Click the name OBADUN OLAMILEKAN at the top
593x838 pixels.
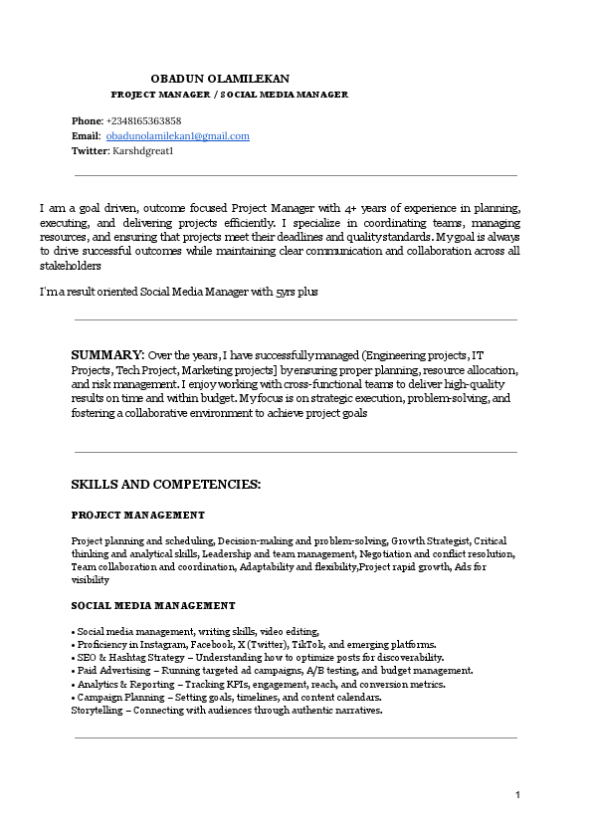click(x=220, y=78)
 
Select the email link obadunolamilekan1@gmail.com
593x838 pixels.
click(x=178, y=135)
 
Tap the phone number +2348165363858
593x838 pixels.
click(x=143, y=120)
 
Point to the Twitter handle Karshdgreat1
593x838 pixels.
click(x=143, y=150)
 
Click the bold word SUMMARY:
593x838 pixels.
click(x=107, y=354)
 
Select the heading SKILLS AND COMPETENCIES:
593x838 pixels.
click(x=165, y=485)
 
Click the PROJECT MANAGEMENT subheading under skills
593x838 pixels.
click(x=137, y=515)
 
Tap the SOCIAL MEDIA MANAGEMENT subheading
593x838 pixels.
click(x=153, y=605)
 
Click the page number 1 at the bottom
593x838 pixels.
click(x=517, y=794)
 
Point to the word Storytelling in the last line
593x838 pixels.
click(x=96, y=711)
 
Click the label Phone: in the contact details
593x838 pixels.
click(x=87, y=120)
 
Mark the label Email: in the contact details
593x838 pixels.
click(x=86, y=135)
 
